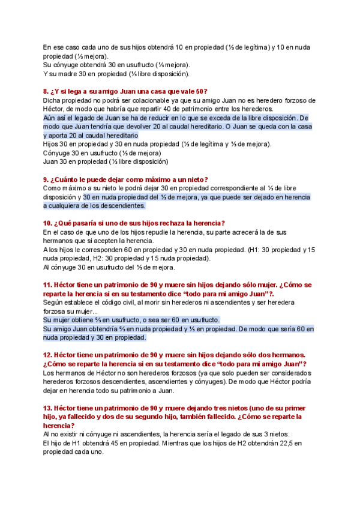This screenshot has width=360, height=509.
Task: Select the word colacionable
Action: [x=150, y=100]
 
